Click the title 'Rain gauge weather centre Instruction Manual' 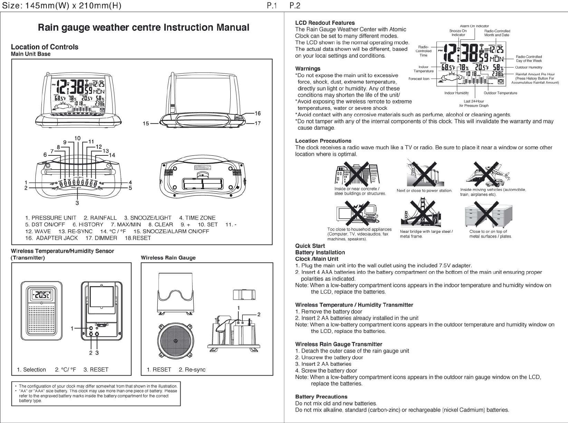(x=143, y=28)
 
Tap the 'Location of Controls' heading (x=45, y=47)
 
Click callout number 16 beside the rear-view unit (x=258, y=114)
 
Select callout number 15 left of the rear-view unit (x=146, y=123)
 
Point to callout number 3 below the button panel (x=77, y=203)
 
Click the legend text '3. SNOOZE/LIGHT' (x=148, y=218)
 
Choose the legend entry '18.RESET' (x=137, y=238)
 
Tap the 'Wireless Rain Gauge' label (x=168, y=258)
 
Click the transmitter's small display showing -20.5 (x=41, y=295)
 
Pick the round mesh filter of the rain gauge (x=176, y=340)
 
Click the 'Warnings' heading (x=308, y=69)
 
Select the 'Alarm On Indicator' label (x=474, y=26)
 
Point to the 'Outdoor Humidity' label (x=529, y=67)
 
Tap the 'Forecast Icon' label (x=419, y=79)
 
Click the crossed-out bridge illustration (x=421, y=212)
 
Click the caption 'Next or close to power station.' (x=424, y=191)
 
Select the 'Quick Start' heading (x=310, y=246)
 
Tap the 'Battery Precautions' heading (x=321, y=397)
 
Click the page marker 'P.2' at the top (x=295, y=6)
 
